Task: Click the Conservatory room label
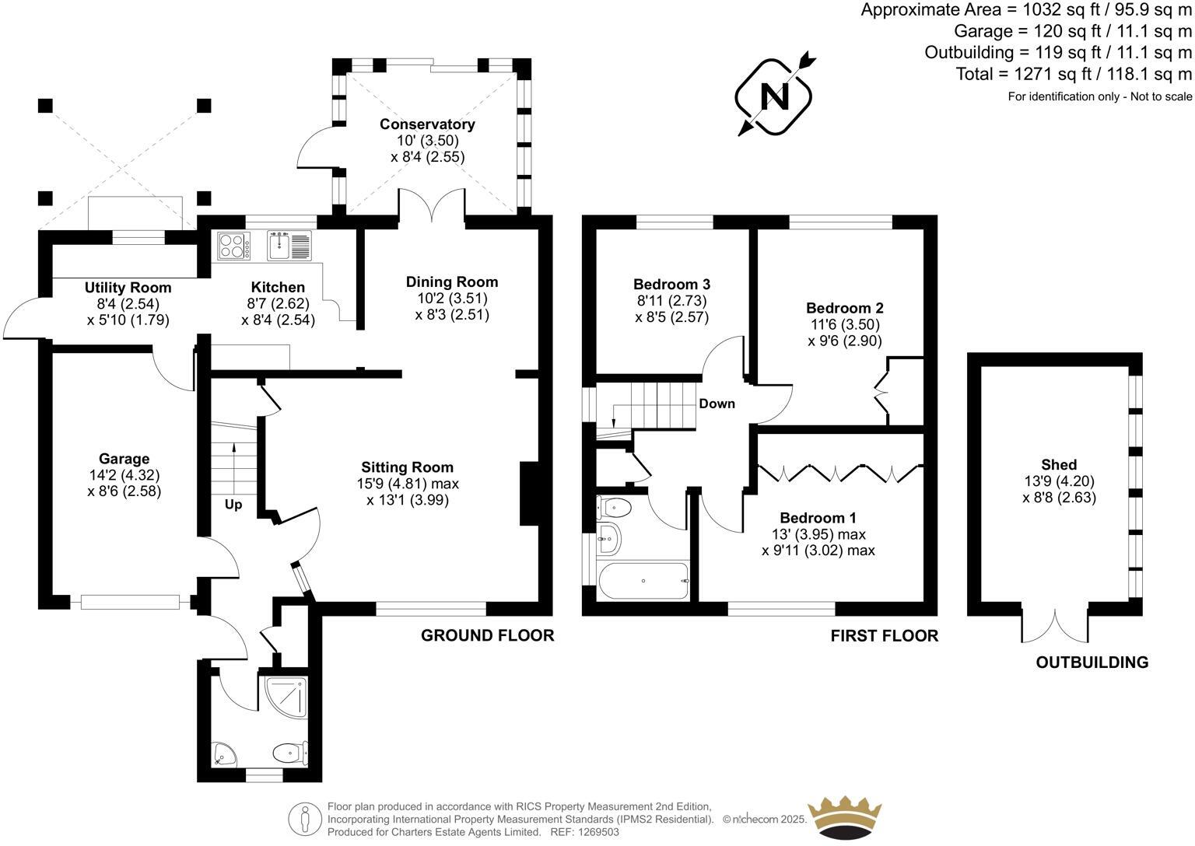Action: click(x=427, y=124)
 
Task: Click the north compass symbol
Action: click(x=774, y=96)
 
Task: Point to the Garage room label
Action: click(x=124, y=459)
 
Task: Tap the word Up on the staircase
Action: click(x=233, y=505)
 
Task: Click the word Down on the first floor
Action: click(x=717, y=404)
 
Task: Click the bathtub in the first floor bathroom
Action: click(x=643, y=581)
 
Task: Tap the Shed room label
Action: click(x=1059, y=465)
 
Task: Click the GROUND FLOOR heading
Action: click(x=487, y=635)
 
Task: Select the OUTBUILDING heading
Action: click(x=1092, y=662)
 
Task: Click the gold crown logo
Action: click(x=845, y=817)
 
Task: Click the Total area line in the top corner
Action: click(x=1074, y=75)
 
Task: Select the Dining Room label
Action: click(x=451, y=281)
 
